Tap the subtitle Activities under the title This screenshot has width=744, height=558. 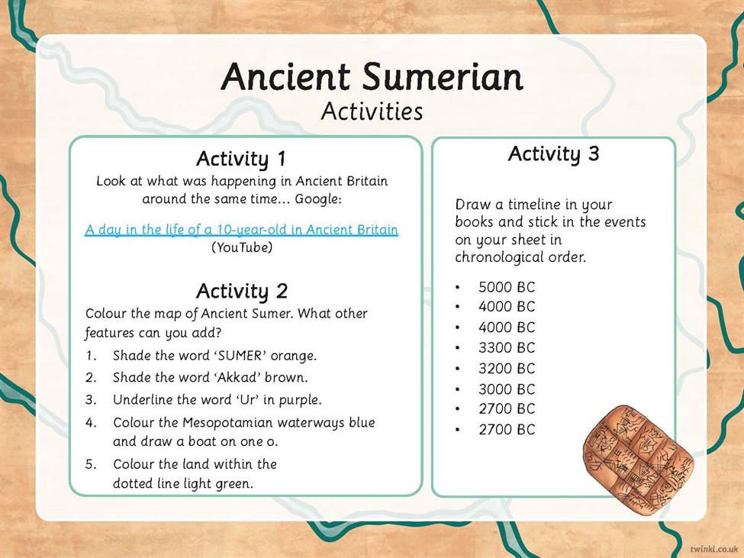point(372,112)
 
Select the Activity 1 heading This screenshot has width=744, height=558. point(242,159)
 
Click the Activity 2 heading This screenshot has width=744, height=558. point(242,292)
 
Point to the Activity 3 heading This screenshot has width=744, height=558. point(554,153)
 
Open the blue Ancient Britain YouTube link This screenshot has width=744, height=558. point(242,230)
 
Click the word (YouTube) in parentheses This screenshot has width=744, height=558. point(242,247)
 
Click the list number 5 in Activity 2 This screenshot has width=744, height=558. point(91,464)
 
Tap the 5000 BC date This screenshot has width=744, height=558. point(507,287)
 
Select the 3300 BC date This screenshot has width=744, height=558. point(507,348)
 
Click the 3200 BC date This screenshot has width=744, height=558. point(507,368)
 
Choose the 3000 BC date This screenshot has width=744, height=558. point(507,389)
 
